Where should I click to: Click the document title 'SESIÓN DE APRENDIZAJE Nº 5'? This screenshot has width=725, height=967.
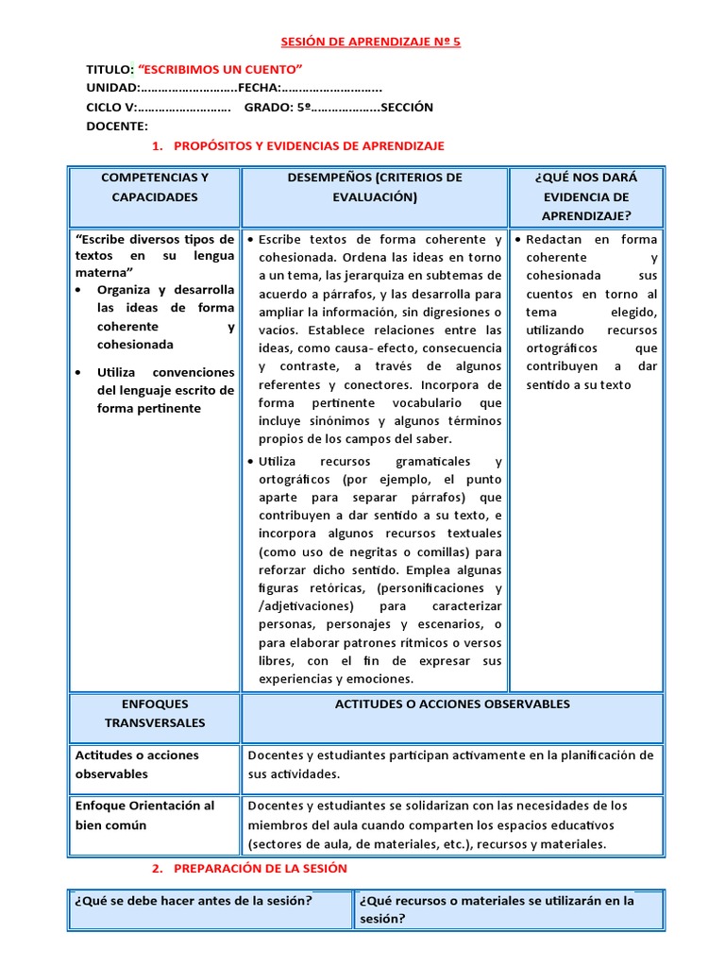[x=371, y=42]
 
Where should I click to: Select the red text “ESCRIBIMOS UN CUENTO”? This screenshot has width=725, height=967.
[x=220, y=70]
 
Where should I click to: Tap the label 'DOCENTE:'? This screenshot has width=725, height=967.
[x=117, y=126]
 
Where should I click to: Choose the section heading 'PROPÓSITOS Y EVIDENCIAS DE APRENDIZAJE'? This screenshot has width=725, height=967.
[x=309, y=146]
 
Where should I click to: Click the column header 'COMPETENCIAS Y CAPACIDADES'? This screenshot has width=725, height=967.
[x=155, y=187]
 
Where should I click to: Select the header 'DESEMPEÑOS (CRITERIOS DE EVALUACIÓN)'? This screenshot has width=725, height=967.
[x=374, y=187]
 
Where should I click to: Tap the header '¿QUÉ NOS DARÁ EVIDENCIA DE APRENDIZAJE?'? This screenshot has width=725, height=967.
[x=585, y=196]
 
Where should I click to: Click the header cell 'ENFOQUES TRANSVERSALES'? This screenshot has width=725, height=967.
[x=155, y=713]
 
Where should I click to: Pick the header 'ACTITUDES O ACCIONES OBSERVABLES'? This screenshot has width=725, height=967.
[x=452, y=704]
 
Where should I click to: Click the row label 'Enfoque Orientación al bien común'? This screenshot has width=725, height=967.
[x=144, y=815]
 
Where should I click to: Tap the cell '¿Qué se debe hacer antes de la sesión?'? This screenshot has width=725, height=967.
[x=194, y=900]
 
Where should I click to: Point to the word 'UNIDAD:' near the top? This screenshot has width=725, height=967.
[x=112, y=88]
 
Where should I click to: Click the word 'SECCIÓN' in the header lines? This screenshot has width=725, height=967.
[x=408, y=107]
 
